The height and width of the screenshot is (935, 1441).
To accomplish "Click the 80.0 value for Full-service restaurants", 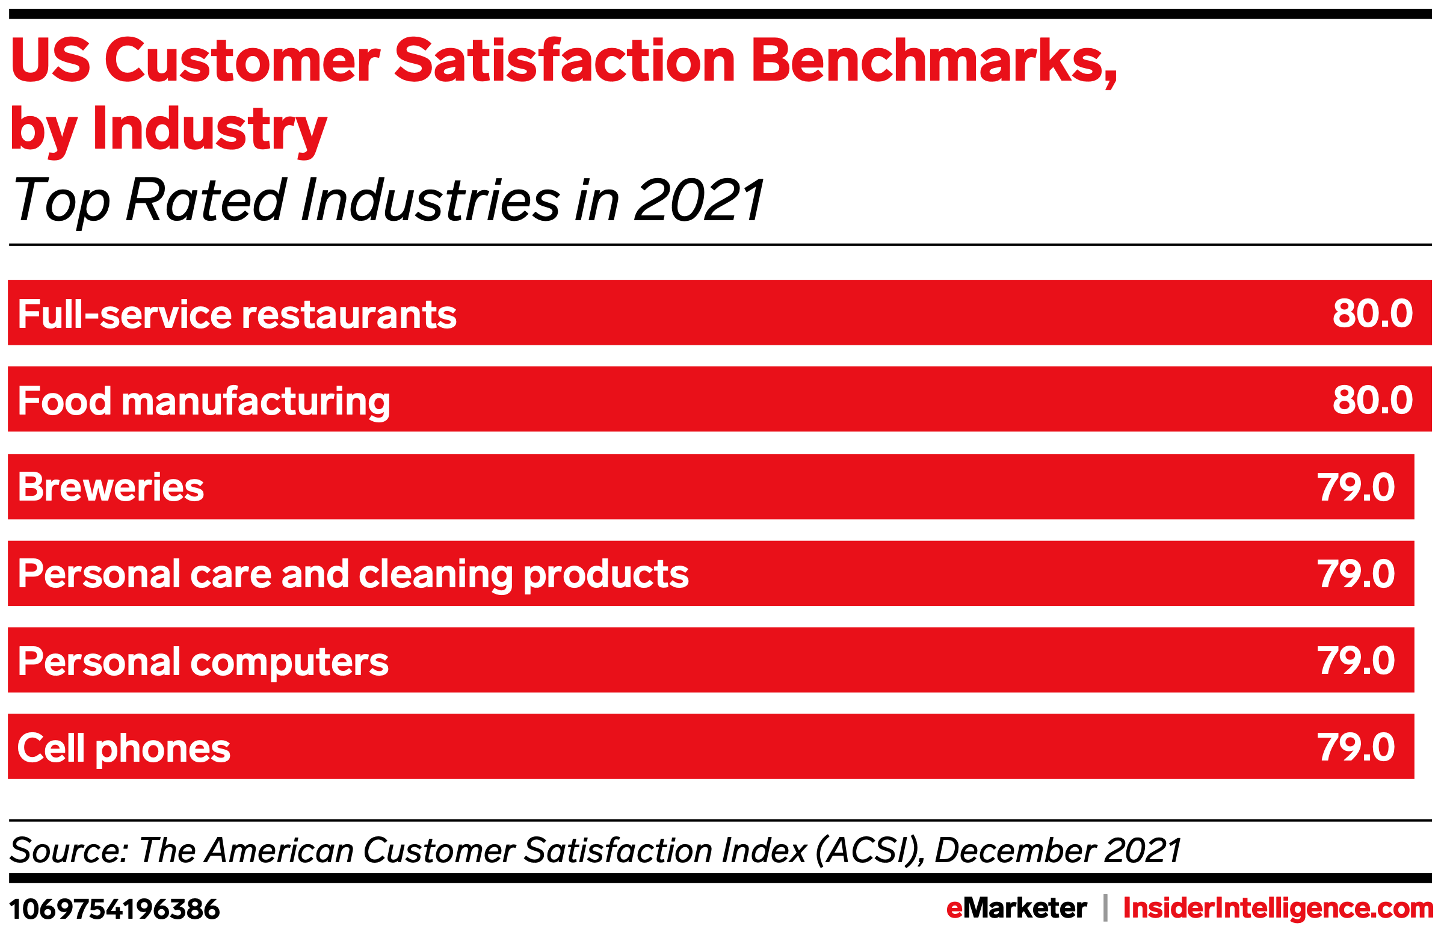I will [x=1372, y=313].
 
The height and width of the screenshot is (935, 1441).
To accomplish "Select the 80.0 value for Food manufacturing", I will [x=1372, y=400].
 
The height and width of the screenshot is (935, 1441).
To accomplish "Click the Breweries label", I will [x=111, y=487].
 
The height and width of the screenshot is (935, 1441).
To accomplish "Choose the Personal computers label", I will [x=203, y=662].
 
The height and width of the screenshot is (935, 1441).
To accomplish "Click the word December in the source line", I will [x=1015, y=851].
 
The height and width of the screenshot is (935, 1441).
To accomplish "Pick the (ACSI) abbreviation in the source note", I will [x=869, y=851].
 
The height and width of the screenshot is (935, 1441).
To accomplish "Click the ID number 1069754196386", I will [x=114, y=910].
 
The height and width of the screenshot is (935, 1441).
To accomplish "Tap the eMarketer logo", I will [x=1016, y=909].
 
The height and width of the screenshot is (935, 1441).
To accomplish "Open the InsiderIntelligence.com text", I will [x=1277, y=909].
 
